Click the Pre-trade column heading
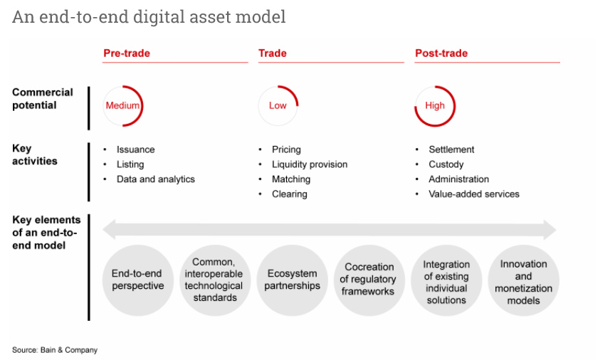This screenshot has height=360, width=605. click(127, 53)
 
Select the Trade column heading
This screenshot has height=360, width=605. click(273, 53)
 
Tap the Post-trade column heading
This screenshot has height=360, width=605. click(441, 53)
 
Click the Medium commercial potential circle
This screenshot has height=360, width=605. click(122, 106)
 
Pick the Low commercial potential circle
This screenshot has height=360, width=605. click(278, 106)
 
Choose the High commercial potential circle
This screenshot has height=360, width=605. click(434, 106)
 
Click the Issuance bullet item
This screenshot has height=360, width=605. click(135, 149)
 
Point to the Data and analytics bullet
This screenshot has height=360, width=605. click(155, 179)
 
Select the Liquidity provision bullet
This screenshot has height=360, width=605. click(310, 164)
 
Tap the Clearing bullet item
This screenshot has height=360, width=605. click(289, 194)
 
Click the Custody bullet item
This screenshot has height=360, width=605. click(446, 164)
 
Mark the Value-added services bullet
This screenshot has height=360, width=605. click(473, 194)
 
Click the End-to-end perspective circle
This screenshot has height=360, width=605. click(137, 280)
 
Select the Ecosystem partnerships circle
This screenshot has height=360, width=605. click(292, 280)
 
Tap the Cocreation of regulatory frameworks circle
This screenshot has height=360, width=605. click(369, 280)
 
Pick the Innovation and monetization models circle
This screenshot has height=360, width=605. click(523, 280)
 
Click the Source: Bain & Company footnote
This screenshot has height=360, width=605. click(55, 350)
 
